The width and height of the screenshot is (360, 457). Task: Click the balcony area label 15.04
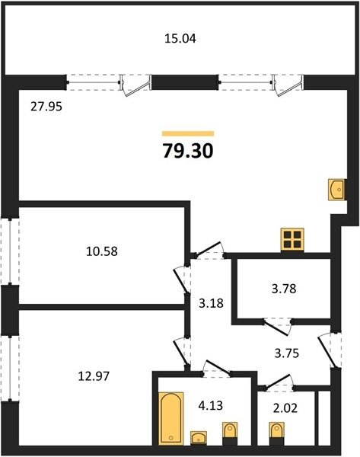(x=180, y=39)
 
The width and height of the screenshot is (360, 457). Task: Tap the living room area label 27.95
(x=46, y=107)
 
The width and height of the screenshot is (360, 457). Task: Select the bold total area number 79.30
(x=188, y=152)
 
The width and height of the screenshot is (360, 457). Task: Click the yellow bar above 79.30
(x=188, y=134)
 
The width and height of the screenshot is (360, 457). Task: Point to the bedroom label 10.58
(x=102, y=251)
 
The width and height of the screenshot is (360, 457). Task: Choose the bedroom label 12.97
(x=94, y=376)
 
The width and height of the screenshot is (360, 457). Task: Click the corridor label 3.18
(x=211, y=303)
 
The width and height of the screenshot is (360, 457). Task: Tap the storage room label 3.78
(x=284, y=289)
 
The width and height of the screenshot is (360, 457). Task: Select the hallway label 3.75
(x=287, y=353)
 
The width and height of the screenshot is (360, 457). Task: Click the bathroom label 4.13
(x=211, y=405)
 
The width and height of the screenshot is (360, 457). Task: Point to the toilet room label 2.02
(x=285, y=408)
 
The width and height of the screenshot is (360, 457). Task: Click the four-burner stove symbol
(x=292, y=240)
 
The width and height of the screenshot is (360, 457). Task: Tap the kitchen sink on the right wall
(x=336, y=190)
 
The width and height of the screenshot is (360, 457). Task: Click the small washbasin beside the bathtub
(x=199, y=437)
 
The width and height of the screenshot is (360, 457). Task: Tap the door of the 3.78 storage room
(x=278, y=327)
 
